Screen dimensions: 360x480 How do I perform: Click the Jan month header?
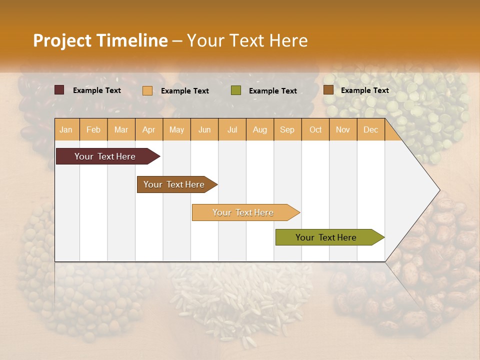(x=66, y=130)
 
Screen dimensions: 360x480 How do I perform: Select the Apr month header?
(x=149, y=130)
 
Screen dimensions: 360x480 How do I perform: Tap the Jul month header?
(x=232, y=130)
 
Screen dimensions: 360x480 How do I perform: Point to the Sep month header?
(x=287, y=130)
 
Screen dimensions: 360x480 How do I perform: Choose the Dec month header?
(x=370, y=130)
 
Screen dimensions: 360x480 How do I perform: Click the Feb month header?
(x=93, y=130)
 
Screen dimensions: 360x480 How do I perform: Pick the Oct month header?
(x=315, y=130)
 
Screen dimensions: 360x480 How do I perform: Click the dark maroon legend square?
(x=59, y=90)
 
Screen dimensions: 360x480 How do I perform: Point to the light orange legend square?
(x=147, y=90)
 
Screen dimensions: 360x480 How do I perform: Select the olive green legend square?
(x=236, y=90)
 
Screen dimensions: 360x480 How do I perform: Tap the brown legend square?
(x=328, y=90)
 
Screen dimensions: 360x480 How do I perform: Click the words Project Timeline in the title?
(x=100, y=40)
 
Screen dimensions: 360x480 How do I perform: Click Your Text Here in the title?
(x=247, y=40)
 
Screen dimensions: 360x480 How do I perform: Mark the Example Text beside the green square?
(x=272, y=91)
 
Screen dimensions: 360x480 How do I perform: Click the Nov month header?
(x=343, y=130)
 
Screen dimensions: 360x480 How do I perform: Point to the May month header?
(x=176, y=130)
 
